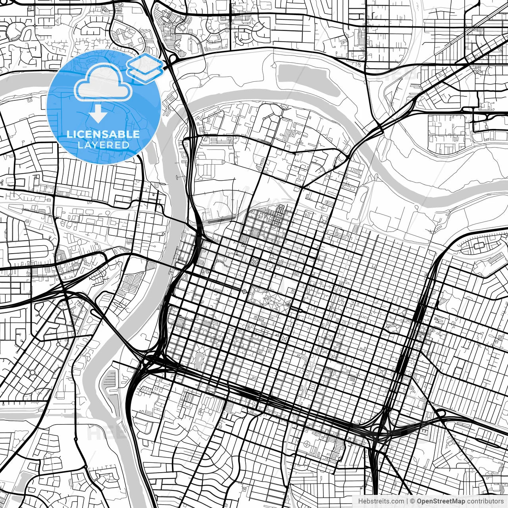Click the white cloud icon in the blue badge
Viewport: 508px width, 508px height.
click(103, 82)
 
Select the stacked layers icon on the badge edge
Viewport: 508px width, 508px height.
click(145, 68)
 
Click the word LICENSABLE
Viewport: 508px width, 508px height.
click(103, 134)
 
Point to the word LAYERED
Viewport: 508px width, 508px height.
click(103, 145)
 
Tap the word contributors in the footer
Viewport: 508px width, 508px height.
click(485, 501)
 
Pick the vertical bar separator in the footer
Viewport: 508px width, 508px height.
click(408, 501)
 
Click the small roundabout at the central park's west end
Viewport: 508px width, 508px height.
click(244, 292)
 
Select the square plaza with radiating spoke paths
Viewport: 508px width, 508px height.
click(253, 261)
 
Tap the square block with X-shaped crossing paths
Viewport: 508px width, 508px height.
click(285, 339)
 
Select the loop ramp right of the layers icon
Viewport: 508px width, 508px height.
click(172, 58)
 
